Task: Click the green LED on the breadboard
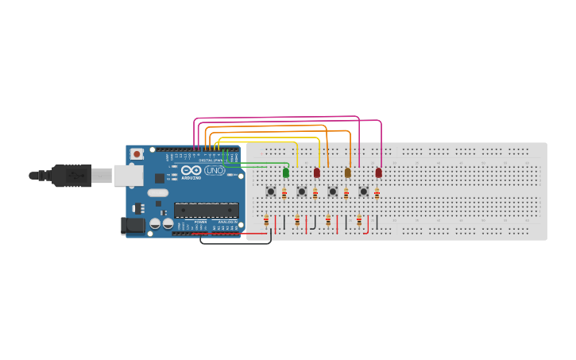tap(286, 172)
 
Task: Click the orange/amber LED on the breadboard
tap(347, 172)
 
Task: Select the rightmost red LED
tap(378, 172)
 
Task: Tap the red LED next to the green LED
tap(316, 172)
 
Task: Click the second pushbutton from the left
tap(301, 192)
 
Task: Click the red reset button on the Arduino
tap(137, 153)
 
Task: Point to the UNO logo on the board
tap(215, 170)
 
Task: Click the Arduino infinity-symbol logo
tap(191, 170)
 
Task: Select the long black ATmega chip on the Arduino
tap(206, 211)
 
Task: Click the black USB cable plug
tap(72, 175)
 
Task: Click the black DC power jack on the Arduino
tap(133, 226)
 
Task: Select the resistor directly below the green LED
tap(284, 193)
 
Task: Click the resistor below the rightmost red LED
tap(377, 193)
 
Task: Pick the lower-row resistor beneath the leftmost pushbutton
tap(266, 221)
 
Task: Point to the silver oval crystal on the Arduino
tap(158, 192)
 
